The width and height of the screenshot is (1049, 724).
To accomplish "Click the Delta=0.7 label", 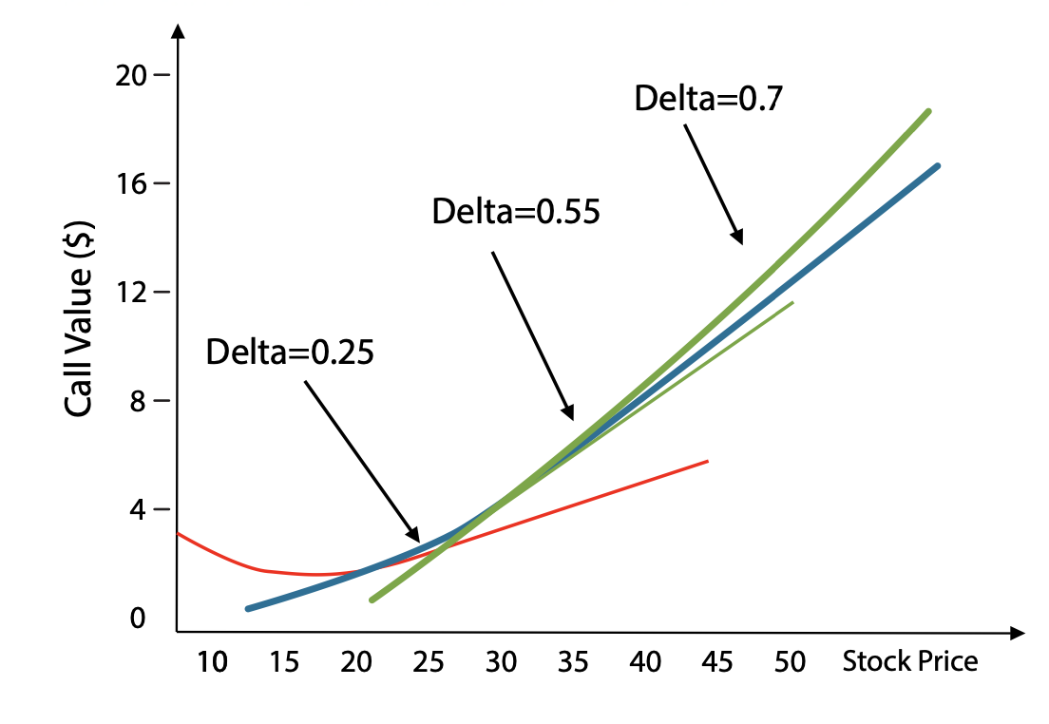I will coord(708,99).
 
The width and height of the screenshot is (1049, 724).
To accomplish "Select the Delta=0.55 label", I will coord(516,211).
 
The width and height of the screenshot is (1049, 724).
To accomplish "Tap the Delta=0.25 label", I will coord(290,352).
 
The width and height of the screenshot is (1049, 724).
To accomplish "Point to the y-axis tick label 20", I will coord(133,75).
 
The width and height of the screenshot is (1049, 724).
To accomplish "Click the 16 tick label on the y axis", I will coord(133,183).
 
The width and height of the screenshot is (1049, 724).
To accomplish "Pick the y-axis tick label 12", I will coord(133,292).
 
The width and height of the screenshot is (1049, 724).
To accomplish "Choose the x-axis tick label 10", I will coord(212,662).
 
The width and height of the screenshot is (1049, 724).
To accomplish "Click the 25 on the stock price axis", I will coord(429,662).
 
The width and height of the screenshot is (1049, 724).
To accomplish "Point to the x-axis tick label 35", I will coord(573,662).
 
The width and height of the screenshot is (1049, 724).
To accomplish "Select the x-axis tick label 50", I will coord(789,662).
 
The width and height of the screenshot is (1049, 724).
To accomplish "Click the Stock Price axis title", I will coord(909,661).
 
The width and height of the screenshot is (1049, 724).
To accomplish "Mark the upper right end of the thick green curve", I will coord(928,111).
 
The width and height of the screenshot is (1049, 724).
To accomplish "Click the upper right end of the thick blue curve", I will coord(938,165).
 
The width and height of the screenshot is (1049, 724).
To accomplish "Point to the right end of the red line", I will coord(708,461).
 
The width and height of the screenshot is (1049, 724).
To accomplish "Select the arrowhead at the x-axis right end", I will coord(1020,632).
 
